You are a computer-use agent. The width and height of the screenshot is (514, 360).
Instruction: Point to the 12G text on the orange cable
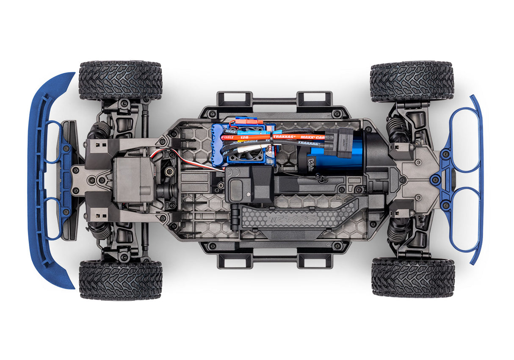point(244,137)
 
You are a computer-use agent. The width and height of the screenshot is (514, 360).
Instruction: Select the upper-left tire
point(120,80)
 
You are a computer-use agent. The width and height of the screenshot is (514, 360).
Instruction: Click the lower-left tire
point(120,280)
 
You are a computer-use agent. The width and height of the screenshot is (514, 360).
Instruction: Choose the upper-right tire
point(412,81)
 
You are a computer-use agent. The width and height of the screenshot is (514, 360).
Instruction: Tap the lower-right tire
point(413,277)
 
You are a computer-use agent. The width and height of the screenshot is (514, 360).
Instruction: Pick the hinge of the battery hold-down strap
point(235,216)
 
